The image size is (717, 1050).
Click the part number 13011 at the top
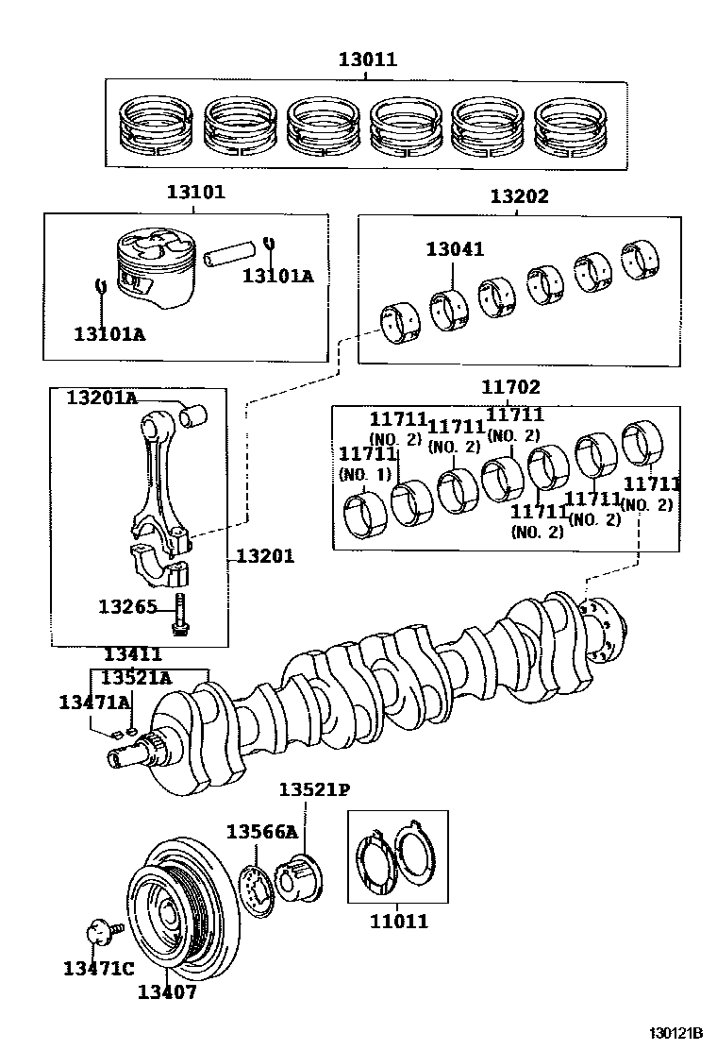[x=368, y=60]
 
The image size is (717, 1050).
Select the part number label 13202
[x=518, y=197]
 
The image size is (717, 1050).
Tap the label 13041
[x=454, y=249]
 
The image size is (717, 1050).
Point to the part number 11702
[x=510, y=387]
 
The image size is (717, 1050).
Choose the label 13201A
[x=101, y=398]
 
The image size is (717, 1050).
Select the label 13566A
[x=261, y=831]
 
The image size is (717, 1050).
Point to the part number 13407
[x=167, y=991]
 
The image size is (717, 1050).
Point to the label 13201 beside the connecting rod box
[x=264, y=556]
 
